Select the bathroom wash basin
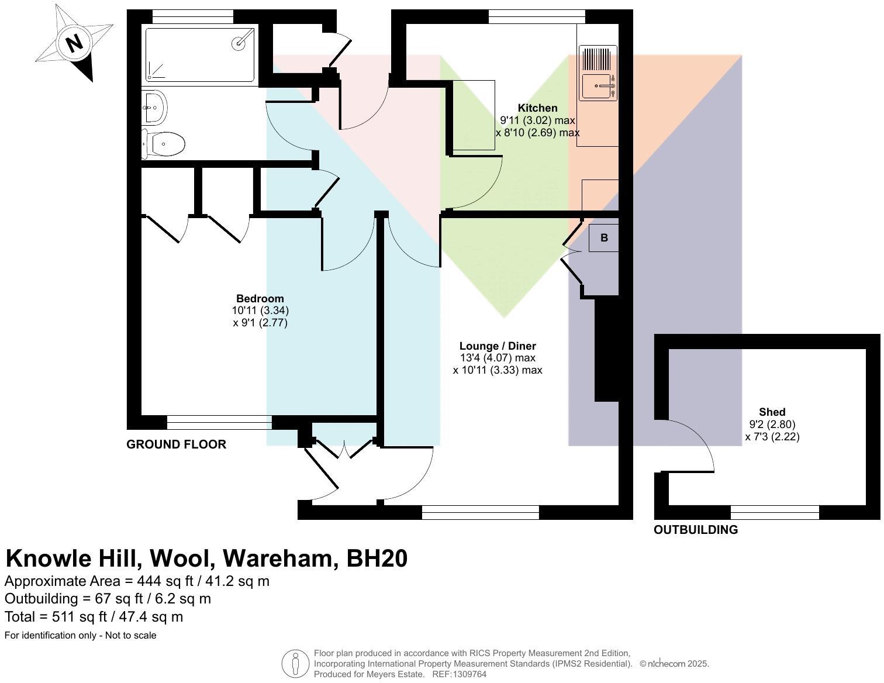coord(155,108)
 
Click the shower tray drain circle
coord(240,42)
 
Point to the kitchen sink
coord(598,87)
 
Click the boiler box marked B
coord(603,238)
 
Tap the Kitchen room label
coord(537,108)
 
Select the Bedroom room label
coord(260,299)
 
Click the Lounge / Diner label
coord(498,346)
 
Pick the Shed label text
coord(772,412)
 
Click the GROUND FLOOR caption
coord(176,444)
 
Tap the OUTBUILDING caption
coord(695,530)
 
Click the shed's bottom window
coord(775,513)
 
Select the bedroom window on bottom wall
coord(219,423)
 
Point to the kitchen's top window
coord(536,17)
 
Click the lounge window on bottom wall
coord(480,513)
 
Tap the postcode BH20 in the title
coord(377,558)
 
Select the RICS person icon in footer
coord(295,664)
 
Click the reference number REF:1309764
coord(459,674)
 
